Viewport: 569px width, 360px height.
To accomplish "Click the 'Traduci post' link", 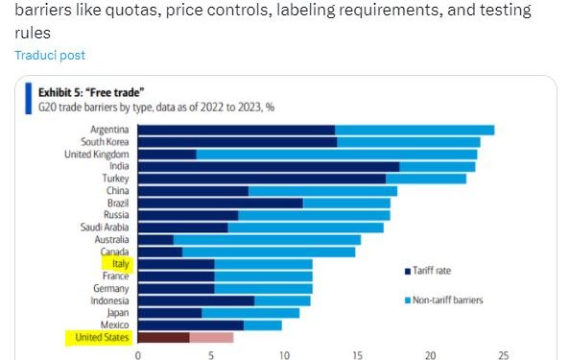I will (x=49, y=56).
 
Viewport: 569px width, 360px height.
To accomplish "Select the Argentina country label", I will (x=110, y=130).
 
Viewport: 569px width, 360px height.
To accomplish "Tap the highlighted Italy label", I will (x=121, y=263).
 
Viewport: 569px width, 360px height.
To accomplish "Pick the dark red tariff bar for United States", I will (x=164, y=337).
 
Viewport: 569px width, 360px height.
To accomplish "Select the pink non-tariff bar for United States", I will (x=211, y=337).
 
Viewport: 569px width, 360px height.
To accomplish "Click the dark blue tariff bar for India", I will (x=269, y=166).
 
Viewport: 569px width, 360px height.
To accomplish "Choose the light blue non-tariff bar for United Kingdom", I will (x=336, y=154).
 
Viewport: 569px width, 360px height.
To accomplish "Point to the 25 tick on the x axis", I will (x=503, y=353).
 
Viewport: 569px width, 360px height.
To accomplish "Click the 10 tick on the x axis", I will (x=284, y=353).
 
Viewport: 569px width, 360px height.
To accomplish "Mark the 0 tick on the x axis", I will (x=138, y=353).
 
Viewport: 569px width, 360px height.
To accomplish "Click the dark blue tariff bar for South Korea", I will (x=237, y=142).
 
